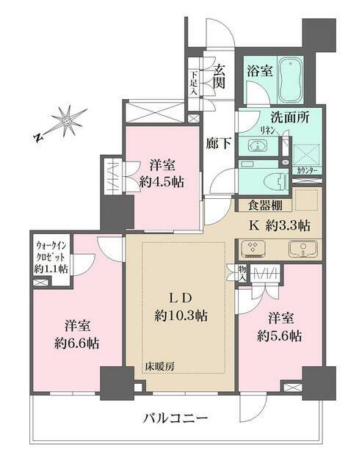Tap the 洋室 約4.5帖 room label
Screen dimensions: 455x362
pyautogui.click(x=161, y=175)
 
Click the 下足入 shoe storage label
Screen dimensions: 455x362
pyautogui.click(x=193, y=79)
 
